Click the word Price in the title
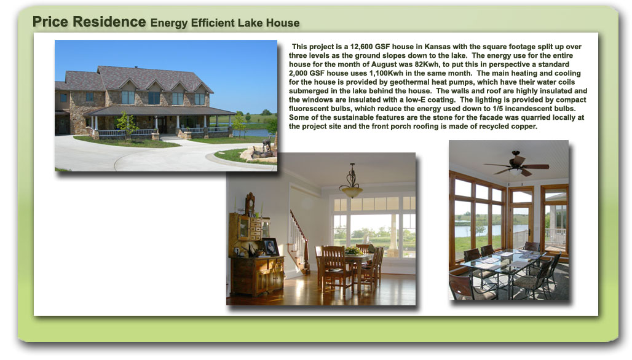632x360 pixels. click(x=50, y=22)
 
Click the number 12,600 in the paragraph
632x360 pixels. click(x=361, y=47)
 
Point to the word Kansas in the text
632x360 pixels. click(x=437, y=47)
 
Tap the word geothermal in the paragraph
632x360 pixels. click(x=408, y=82)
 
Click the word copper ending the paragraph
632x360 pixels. click(x=524, y=127)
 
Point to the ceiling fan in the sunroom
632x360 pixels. click(x=516, y=164)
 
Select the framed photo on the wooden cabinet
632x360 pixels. click(x=271, y=246)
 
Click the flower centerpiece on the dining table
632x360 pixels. click(x=354, y=251)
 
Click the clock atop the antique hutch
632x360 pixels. click(x=250, y=203)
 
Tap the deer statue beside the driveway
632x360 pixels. click(x=266, y=145)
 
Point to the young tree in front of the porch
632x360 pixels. click(x=127, y=125)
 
